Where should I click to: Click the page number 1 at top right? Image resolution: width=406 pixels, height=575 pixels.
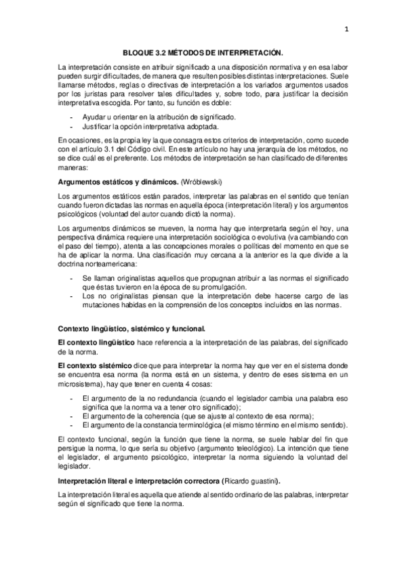click(346, 29)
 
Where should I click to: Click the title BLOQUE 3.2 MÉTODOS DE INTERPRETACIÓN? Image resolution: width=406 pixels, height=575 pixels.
click(203, 52)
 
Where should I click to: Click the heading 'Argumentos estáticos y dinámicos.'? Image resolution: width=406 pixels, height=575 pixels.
click(108, 182)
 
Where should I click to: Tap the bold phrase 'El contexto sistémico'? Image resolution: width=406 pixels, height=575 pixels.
click(93, 365)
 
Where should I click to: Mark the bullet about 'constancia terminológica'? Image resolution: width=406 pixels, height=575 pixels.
click(214, 424)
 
